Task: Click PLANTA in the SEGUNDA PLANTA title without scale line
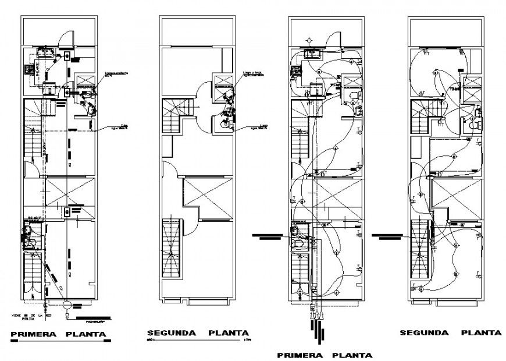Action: tap(481, 332)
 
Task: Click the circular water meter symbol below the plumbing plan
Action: tap(66, 305)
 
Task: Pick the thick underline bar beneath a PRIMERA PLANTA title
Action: tap(58, 342)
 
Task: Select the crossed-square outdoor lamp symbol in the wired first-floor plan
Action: tap(309, 40)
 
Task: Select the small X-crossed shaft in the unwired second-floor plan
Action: tap(224, 82)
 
